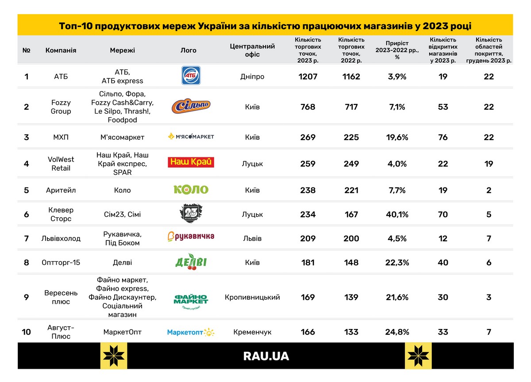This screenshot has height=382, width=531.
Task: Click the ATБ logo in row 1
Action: (x=191, y=76)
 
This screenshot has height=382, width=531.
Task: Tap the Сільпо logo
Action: (x=191, y=106)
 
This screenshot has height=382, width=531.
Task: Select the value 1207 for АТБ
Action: (x=308, y=76)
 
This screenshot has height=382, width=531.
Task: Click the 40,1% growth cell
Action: (x=397, y=214)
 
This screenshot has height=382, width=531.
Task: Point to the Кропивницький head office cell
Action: (x=252, y=297)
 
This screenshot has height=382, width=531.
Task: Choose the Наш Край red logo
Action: (x=191, y=162)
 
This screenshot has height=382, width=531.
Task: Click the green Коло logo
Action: (x=191, y=190)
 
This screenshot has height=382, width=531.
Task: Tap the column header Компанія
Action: (x=61, y=50)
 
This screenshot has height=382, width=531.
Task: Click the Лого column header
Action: (x=189, y=50)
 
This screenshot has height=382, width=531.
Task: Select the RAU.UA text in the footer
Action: (x=266, y=356)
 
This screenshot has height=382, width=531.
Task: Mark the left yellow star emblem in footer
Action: (x=114, y=355)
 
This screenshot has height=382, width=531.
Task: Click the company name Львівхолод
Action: (x=61, y=238)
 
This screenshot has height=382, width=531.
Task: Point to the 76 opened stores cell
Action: (x=443, y=137)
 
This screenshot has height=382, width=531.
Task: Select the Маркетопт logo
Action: (x=191, y=332)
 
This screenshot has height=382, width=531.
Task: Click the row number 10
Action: (x=27, y=332)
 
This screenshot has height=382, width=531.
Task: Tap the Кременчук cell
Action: (x=252, y=332)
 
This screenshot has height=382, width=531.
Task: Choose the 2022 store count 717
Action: (x=351, y=107)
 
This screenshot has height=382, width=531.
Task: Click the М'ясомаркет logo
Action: (x=191, y=136)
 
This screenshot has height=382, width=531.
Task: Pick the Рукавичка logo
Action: (x=191, y=237)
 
